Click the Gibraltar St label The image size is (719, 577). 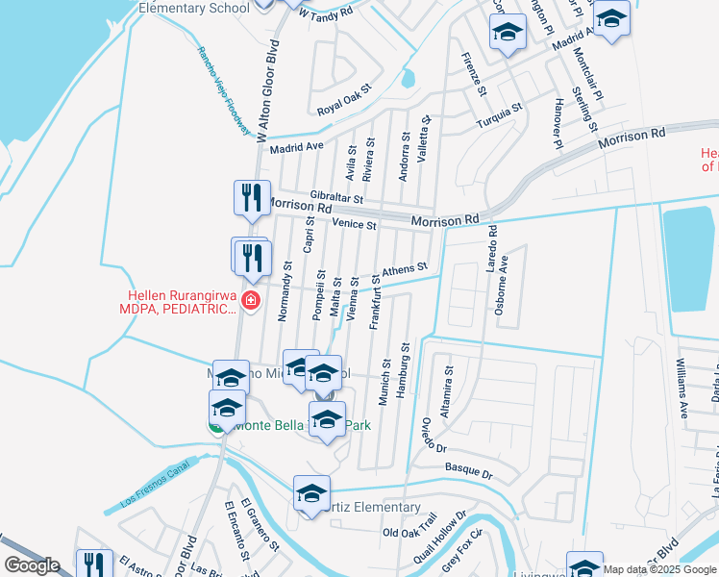coord(330,198)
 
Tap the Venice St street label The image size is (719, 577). coord(355,224)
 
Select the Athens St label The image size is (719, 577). coord(404,272)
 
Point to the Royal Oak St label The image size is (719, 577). coord(344,112)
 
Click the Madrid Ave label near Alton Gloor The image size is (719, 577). coord(297,147)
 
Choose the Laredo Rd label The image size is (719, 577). coord(491,246)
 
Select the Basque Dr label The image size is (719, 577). coord(468,474)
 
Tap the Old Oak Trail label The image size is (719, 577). coord(409,532)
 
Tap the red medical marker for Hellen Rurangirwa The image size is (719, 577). coord(251,301)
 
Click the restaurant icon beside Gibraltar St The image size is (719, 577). coord(250,198)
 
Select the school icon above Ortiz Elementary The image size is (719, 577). coord(311,494)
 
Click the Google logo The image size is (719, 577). coord(32,565)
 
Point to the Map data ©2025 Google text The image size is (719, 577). coord(660,569)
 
